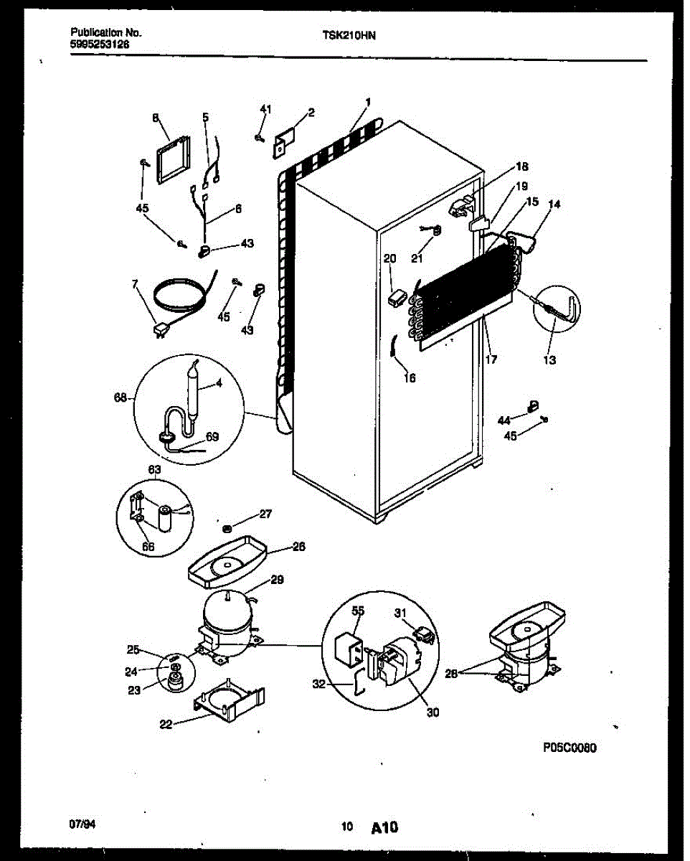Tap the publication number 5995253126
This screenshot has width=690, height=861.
point(100,44)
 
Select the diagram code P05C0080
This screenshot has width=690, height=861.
point(570,748)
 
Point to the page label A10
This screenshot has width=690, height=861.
point(384,828)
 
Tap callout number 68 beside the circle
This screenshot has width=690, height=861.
point(120,397)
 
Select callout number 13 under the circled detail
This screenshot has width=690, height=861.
point(549,360)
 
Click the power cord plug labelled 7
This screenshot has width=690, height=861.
point(159,331)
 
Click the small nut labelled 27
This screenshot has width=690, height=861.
point(227,528)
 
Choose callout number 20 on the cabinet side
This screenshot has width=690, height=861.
point(389,258)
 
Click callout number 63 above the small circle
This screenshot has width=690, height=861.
point(154,470)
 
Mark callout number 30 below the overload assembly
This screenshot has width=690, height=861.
point(433,712)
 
